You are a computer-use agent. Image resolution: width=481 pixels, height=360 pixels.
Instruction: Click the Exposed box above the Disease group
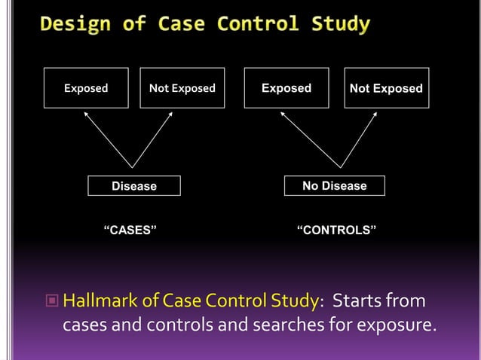coord(85,88)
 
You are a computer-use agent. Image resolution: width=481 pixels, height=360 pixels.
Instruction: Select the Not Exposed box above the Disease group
coord(182,88)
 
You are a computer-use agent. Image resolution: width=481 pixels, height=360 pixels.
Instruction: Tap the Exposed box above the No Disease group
coord(286,88)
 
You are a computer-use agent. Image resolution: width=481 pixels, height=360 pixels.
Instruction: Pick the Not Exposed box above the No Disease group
coord(386,88)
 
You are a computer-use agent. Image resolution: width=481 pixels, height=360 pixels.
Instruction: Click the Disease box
coord(134,185)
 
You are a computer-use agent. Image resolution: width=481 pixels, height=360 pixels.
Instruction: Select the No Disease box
coord(334,185)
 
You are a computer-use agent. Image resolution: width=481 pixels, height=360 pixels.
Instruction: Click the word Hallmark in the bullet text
coord(97,303)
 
